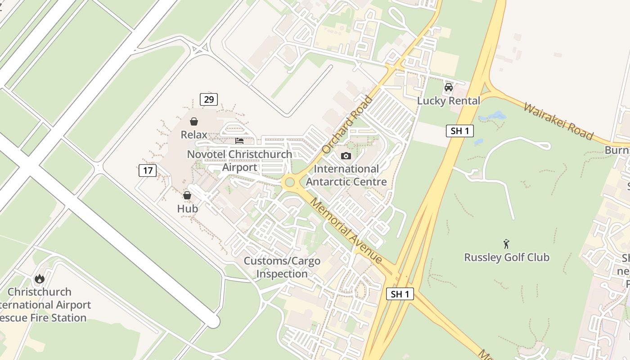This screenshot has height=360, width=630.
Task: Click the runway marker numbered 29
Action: (209, 99)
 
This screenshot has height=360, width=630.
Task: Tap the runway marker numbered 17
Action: (148, 171)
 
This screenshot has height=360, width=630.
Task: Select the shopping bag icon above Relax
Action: (194, 121)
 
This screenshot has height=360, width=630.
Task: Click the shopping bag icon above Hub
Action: (187, 195)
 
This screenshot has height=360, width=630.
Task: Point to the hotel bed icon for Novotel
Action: (239, 141)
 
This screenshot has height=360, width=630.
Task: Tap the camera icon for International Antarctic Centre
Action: (346, 156)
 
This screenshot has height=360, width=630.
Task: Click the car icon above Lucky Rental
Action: (448, 87)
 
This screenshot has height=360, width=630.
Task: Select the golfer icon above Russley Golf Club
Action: (507, 244)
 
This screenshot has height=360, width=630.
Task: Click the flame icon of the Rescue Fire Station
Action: (40, 279)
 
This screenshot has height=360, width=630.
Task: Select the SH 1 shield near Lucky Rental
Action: (460, 131)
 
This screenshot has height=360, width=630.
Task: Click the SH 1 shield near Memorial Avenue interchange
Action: (400, 294)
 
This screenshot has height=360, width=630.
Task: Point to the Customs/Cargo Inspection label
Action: (282, 267)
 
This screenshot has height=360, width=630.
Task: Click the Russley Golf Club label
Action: (507, 257)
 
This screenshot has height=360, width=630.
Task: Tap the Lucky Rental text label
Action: (449, 101)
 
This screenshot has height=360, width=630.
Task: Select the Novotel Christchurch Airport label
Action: (240, 161)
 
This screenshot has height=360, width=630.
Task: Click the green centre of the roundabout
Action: (289, 182)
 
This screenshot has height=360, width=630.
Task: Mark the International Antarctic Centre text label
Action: (346, 175)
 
